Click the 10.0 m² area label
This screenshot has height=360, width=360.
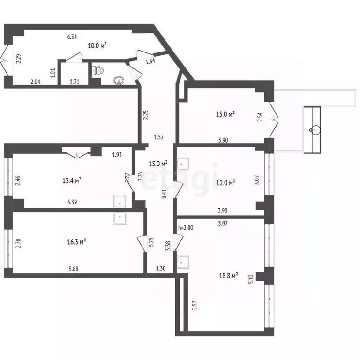(97, 45)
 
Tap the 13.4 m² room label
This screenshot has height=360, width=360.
(72, 180)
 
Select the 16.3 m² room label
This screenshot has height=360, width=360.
(76, 242)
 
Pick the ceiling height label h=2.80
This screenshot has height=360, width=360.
(186, 228)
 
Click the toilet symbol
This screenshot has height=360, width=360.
(97, 71)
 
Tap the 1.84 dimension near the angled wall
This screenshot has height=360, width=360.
(150, 61)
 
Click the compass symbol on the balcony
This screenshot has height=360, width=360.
(313, 130)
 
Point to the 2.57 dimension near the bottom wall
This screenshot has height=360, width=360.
(193, 306)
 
